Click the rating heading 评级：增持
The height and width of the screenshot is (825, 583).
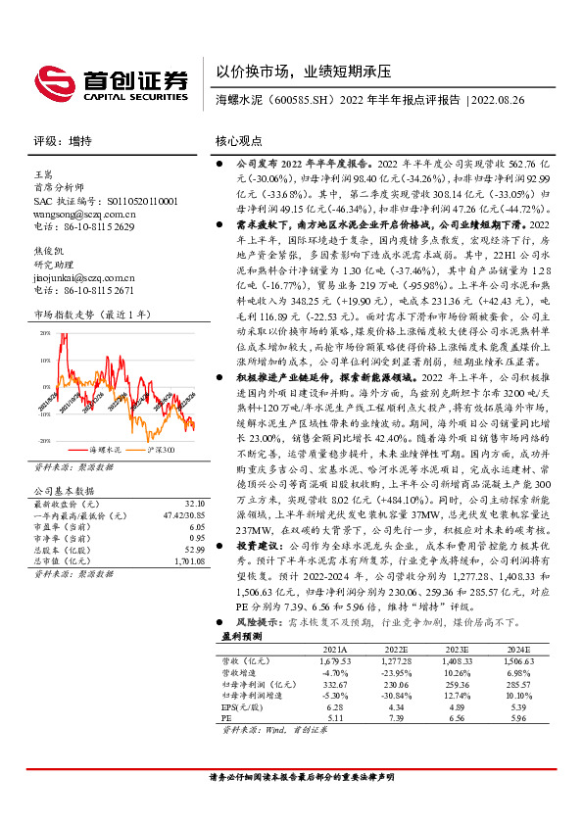pos(58,141)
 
